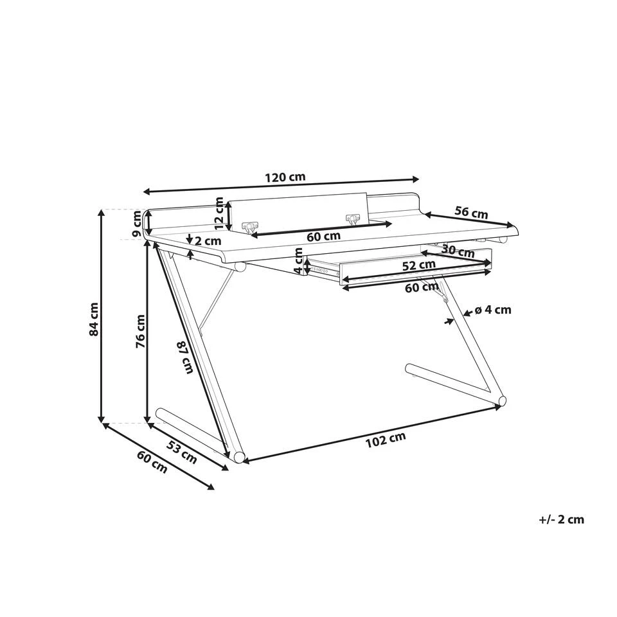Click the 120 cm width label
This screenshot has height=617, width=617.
coord(285,177)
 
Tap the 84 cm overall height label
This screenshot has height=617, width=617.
coord(94,319)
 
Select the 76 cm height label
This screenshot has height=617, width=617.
coord(140,332)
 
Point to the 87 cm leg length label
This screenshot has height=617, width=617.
coord(186,358)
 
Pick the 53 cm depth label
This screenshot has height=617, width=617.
coord(182,452)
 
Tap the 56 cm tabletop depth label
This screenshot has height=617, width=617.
coord(471,213)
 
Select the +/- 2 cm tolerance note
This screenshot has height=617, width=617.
coord(562,519)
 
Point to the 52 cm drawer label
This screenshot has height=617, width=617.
coord(418,265)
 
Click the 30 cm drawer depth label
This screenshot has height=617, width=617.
coord(458,251)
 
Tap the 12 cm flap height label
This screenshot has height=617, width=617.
coord(219,213)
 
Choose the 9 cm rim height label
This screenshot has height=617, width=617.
coord(136,224)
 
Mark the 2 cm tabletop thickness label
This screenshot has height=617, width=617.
coord(208,240)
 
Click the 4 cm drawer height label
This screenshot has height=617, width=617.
coord(298,260)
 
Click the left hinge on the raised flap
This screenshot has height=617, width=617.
coord(250,226)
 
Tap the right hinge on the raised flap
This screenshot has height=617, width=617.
coord(353,218)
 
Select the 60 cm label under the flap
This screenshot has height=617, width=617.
coord(323,237)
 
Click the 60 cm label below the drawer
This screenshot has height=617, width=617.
coord(422,288)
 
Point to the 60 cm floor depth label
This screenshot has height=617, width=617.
coord(152,461)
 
